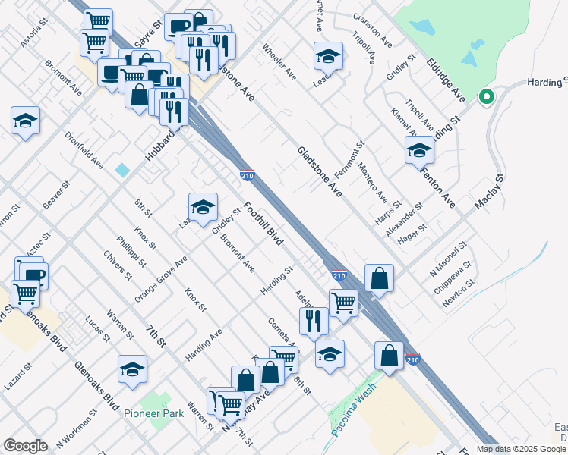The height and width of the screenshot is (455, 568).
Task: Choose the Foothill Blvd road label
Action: point(263,224)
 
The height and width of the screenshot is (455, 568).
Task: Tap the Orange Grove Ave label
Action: point(161,278)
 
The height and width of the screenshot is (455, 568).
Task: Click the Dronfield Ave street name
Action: point(84,151)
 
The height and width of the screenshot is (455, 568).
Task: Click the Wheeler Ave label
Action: point(279,62)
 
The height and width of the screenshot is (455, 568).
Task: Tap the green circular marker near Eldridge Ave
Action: point(486,97)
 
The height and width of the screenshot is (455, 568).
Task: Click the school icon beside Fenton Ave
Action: point(419,150)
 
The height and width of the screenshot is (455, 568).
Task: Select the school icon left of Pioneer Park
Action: point(133,369)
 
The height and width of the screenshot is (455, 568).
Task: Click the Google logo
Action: point(25,446)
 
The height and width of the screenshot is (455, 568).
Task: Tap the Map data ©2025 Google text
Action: point(521,449)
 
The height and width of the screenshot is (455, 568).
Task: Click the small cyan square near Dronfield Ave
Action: point(123,170)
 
